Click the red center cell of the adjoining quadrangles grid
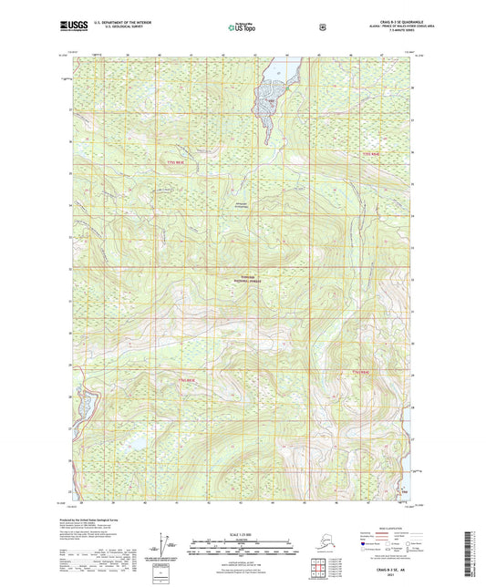[x=319, y=571]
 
